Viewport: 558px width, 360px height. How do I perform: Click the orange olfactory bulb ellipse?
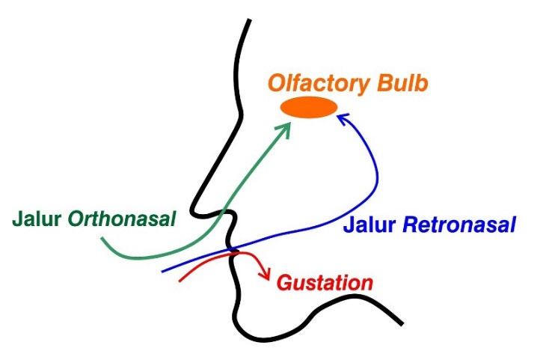(308, 108)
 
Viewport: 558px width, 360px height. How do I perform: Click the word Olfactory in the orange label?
(317, 83)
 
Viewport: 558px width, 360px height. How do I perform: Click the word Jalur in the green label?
(37, 219)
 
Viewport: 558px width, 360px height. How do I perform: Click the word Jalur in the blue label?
(370, 225)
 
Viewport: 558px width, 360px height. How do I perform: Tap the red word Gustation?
(324, 283)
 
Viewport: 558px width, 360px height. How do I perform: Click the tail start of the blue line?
(162, 272)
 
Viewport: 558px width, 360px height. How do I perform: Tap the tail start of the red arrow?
(179, 281)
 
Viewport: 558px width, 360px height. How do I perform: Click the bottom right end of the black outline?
(401, 323)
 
